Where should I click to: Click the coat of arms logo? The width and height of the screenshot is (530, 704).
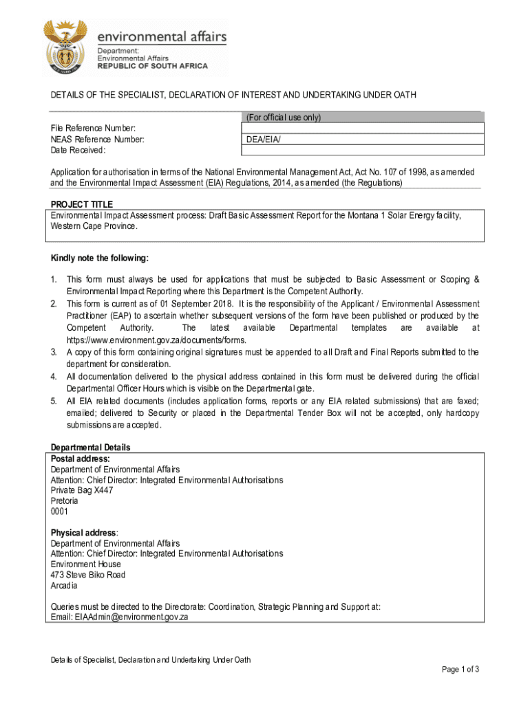(x=66, y=47)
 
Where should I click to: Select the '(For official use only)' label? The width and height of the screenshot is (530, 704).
(x=284, y=118)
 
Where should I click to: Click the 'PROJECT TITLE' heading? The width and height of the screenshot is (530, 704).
(x=82, y=204)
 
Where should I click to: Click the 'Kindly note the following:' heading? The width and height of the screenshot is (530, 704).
(x=99, y=258)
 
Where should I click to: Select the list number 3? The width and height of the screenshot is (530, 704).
(x=54, y=352)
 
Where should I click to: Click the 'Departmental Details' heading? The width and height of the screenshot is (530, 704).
(x=90, y=448)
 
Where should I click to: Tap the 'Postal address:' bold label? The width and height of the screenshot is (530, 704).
(x=81, y=459)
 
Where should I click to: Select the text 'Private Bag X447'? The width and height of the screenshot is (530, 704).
(x=82, y=491)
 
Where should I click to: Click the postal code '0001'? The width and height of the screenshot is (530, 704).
(x=60, y=512)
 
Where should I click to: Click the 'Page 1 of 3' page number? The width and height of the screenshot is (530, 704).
(x=460, y=670)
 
